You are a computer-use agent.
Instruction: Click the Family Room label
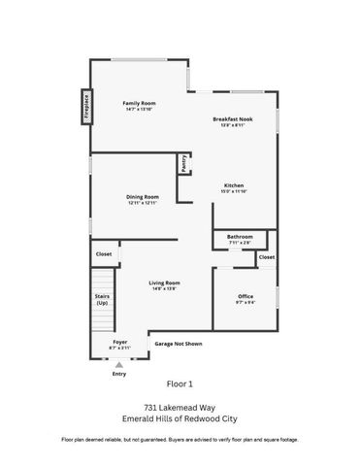(139, 103)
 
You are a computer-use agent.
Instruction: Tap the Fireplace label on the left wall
(85, 104)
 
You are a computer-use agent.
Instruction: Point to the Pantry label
(183, 164)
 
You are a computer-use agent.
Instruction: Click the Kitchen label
(234, 185)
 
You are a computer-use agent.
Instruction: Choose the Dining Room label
(142, 197)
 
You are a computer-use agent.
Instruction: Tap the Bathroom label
(240, 237)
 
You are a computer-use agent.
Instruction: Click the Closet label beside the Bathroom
(267, 257)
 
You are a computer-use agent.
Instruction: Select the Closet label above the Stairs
(103, 254)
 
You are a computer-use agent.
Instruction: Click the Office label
(246, 296)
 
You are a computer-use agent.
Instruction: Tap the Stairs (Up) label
(101, 300)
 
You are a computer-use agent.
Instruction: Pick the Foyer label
(119, 342)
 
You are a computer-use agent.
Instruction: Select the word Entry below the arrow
(119, 373)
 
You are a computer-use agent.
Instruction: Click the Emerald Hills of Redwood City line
(180, 420)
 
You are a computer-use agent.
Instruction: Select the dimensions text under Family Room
(139, 110)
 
